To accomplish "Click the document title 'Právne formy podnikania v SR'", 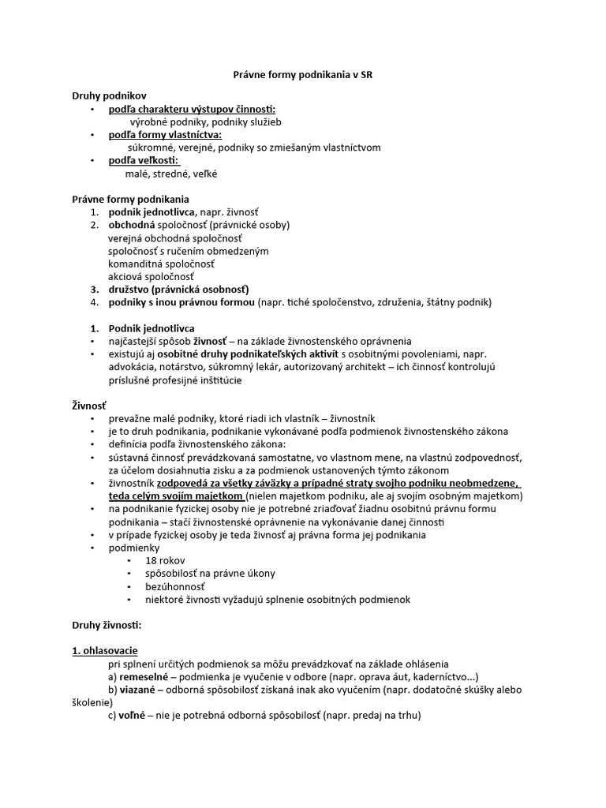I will click(x=302, y=75).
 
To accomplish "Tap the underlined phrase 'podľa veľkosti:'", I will click(x=144, y=161).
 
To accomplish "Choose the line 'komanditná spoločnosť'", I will click(x=161, y=264).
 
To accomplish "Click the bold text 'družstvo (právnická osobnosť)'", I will click(x=178, y=290).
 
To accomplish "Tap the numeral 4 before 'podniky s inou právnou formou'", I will click(x=92, y=302).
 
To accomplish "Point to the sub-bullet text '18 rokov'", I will click(x=164, y=560).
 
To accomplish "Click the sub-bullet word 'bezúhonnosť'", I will click(x=175, y=586).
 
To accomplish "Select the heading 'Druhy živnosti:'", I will click(x=107, y=625).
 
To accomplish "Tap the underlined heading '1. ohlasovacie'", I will click(x=105, y=651).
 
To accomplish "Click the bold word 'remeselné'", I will click(x=143, y=677).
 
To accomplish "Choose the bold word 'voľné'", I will click(x=134, y=716).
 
